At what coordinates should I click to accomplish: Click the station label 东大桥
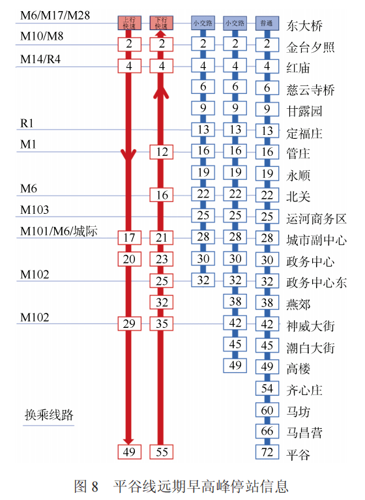(x=304, y=26)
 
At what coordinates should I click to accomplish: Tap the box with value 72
(x=267, y=452)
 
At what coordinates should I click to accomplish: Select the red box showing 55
(x=162, y=452)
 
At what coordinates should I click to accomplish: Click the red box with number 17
(x=129, y=237)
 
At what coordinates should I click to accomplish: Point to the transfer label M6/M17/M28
(x=54, y=14)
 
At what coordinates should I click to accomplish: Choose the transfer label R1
(x=27, y=123)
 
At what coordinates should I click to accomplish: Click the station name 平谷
(x=299, y=453)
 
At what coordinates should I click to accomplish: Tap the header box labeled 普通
(x=267, y=23)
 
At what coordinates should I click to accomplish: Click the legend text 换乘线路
(x=49, y=415)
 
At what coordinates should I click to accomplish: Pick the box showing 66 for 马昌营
(x=267, y=431)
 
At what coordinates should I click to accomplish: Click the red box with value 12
(x=162, y=152)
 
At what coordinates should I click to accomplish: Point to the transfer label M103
(x=35, y=210)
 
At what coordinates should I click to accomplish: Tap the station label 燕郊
(x=299, y=303)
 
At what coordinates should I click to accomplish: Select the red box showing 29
(x=129, y=323)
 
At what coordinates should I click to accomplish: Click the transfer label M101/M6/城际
(x=59, y=231)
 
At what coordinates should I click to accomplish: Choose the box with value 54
(x=267, y=389)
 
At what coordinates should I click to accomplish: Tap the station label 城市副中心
(x=316, y=239)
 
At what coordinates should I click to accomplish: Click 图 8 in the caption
(x=86, y=486)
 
